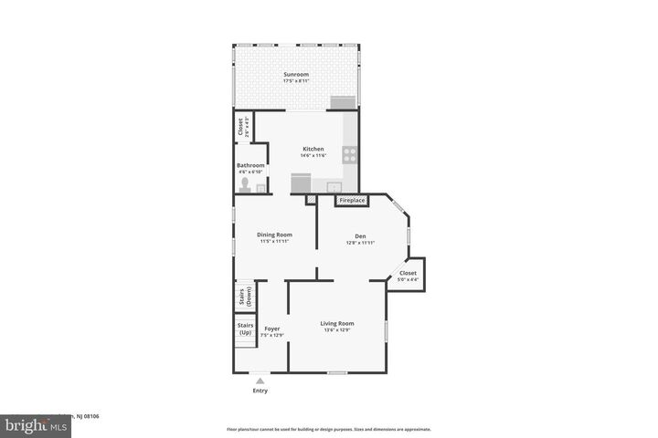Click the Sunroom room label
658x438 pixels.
(295, 74)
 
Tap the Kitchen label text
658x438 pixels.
(313, 149)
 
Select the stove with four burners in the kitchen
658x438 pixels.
(349, 154)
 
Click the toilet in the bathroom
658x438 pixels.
(243, 186)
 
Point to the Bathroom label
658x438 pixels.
(250, 165)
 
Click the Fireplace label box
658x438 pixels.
(352, 200)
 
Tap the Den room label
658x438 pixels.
(361, 235)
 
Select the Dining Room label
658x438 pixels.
(274, 235)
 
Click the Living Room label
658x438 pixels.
(336, 323)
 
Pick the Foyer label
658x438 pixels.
(272, 328)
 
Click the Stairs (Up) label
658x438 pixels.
(245, 328)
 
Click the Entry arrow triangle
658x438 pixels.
(260, 381)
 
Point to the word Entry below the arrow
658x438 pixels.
(260, 391)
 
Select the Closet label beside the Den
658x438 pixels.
(408, 273)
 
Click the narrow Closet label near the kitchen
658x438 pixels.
(241, 126)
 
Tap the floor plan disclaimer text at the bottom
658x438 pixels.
(329, 429)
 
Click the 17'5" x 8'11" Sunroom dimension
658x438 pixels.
(295, 81)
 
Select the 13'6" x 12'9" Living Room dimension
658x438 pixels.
(336, 330)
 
